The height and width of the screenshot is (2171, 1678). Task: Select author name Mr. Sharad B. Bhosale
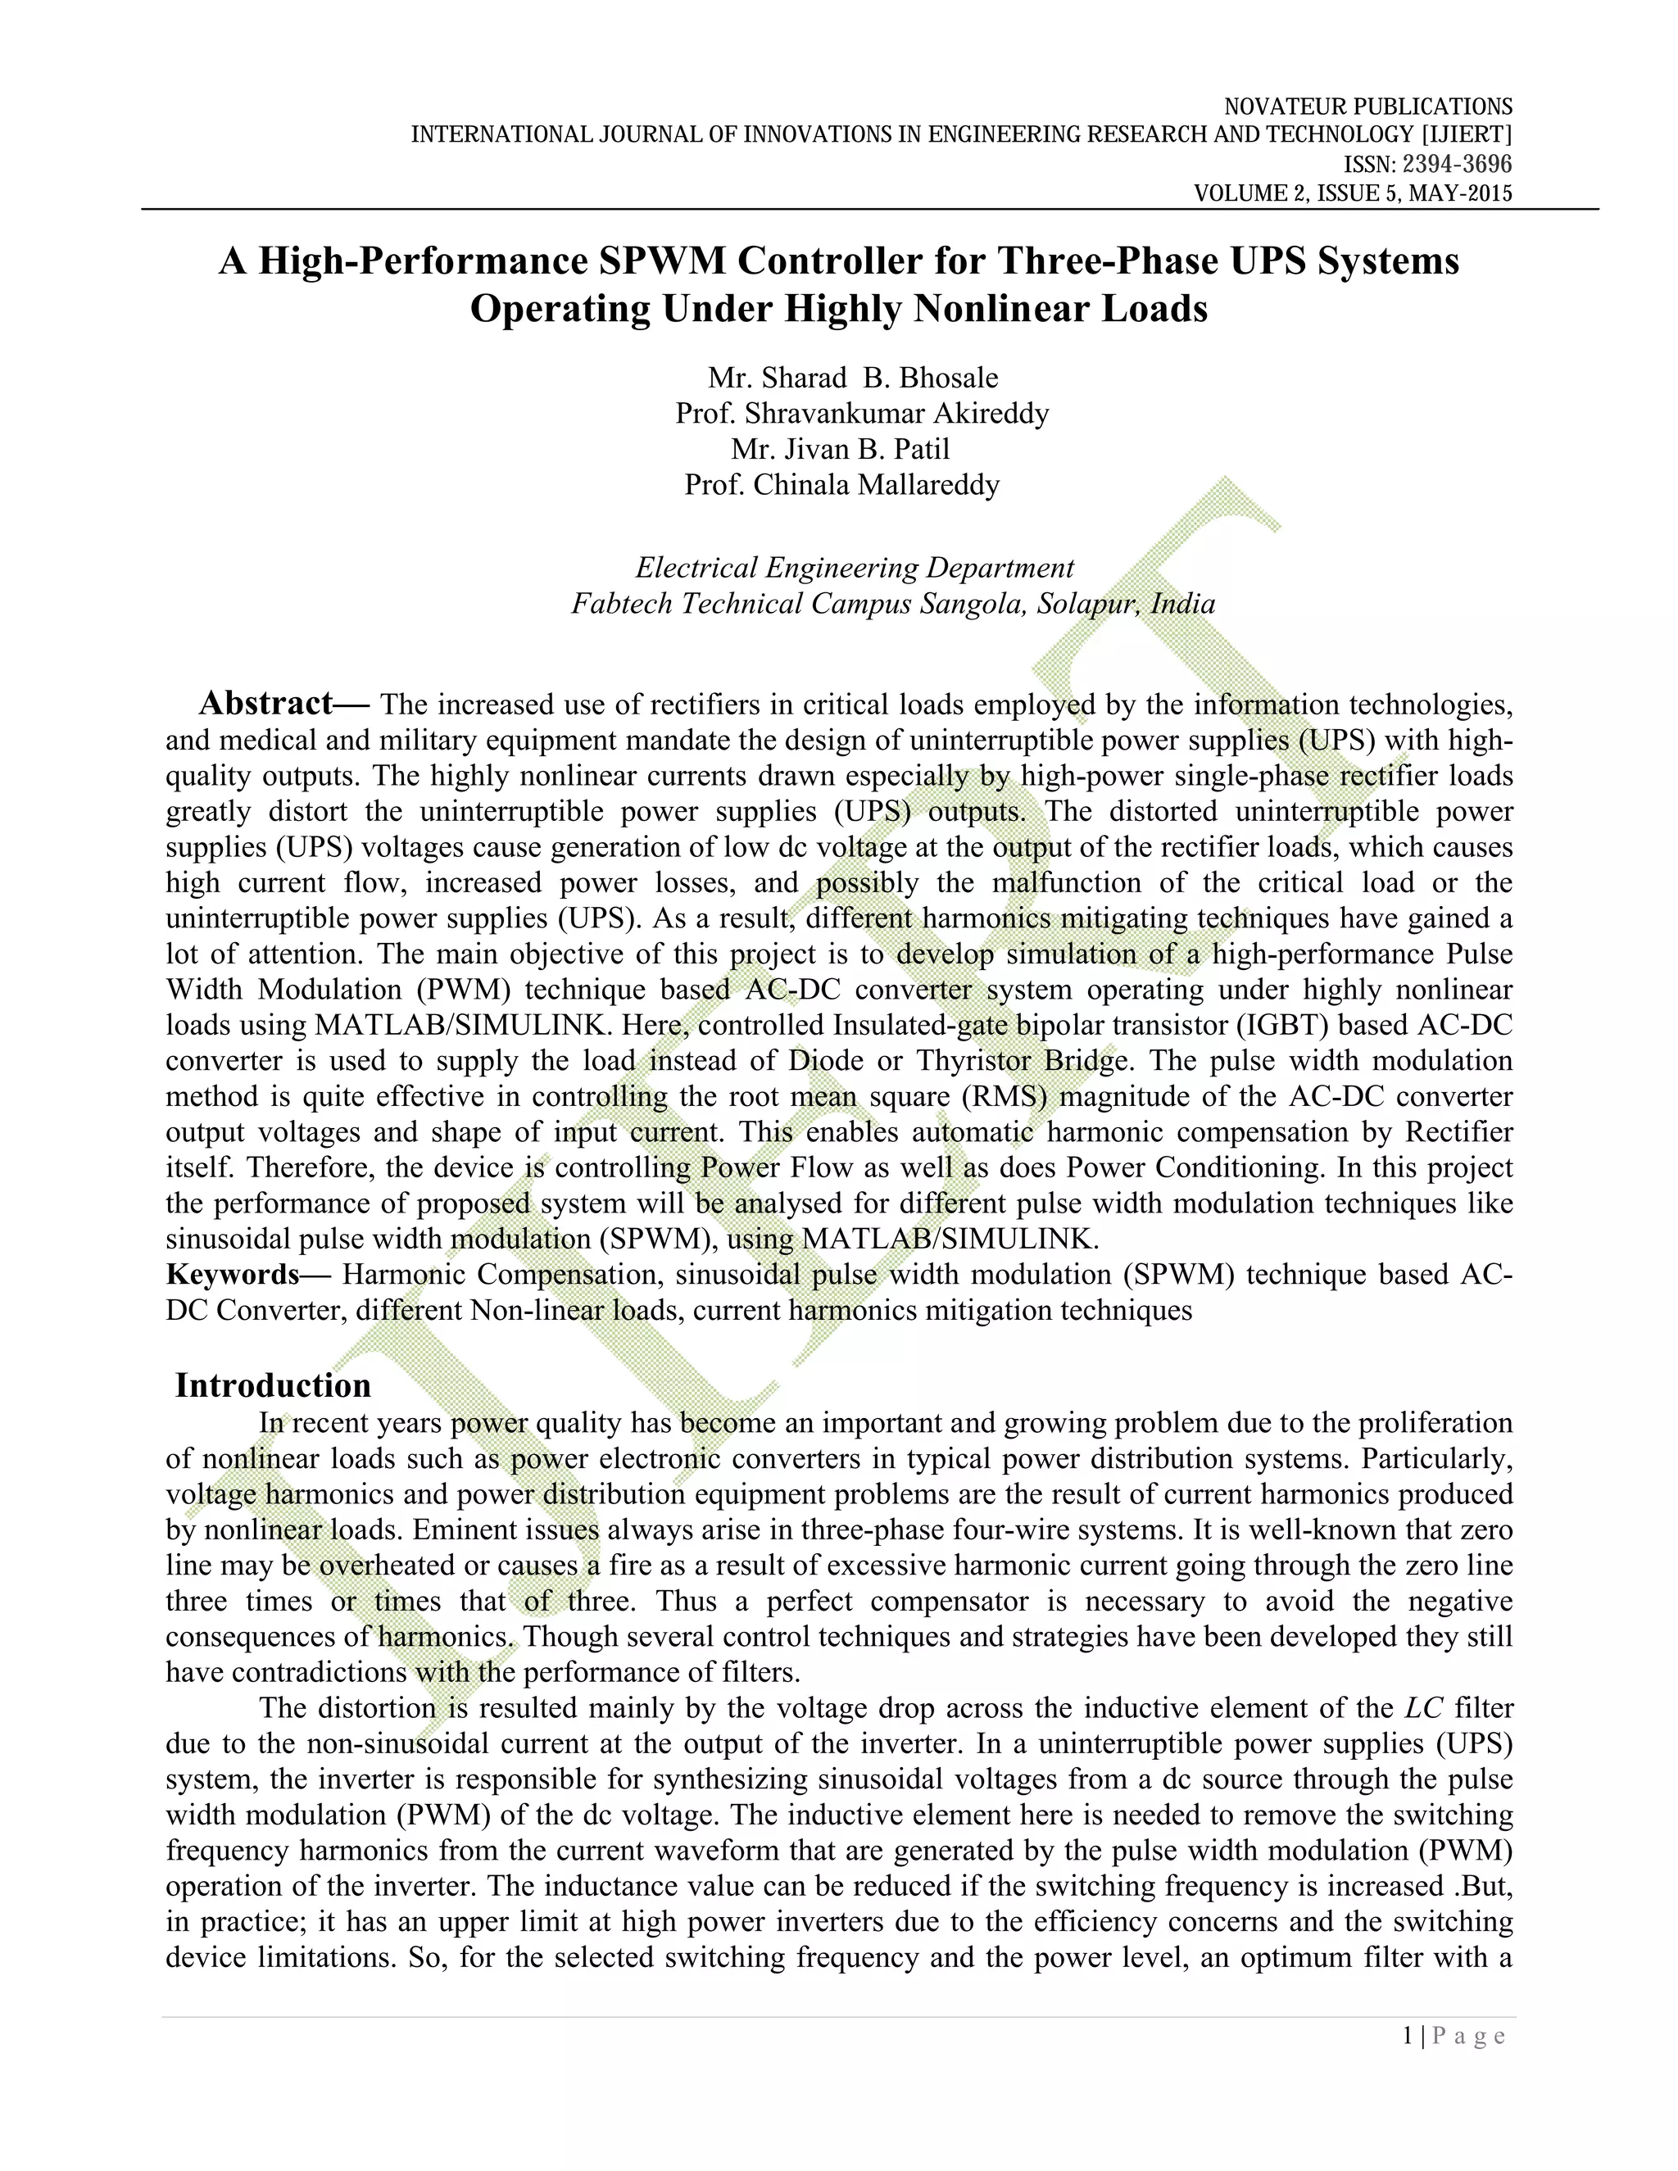[853, 378]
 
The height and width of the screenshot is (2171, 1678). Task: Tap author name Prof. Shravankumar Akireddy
[862, 414]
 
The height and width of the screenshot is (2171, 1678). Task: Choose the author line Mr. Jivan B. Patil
[840, 449]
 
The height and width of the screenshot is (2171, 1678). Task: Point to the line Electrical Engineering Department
[854, 568]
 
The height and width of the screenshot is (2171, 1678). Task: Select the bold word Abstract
[265, 704]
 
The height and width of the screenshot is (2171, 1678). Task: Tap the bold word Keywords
[233, 1275]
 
